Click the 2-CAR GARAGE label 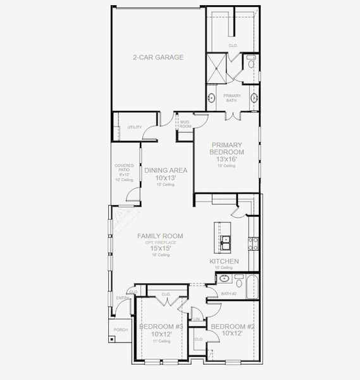pyautogui.click(x=158, y=57)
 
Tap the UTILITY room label pyautogui.click(x=135, y=127)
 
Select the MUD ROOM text pyautogui.click(x=185, y=124)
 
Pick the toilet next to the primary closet pyautogui.click(x=251, y=63)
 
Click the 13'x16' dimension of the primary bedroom pyautogui.click(x=227, y=159)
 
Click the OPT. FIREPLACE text pyautogui.click(x=164, y=243)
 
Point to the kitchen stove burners pyautogui.click(x=253, y=241)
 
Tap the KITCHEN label pyautogui.click(x=224, y=262)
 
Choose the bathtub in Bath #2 pyautogui.click(x=251, y=287)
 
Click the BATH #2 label pyautogui.click(x=228, y=294)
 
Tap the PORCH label pyautogui.click(x=120, y=329)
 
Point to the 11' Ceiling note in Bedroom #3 pyautogui.click(x=161, y=341)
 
